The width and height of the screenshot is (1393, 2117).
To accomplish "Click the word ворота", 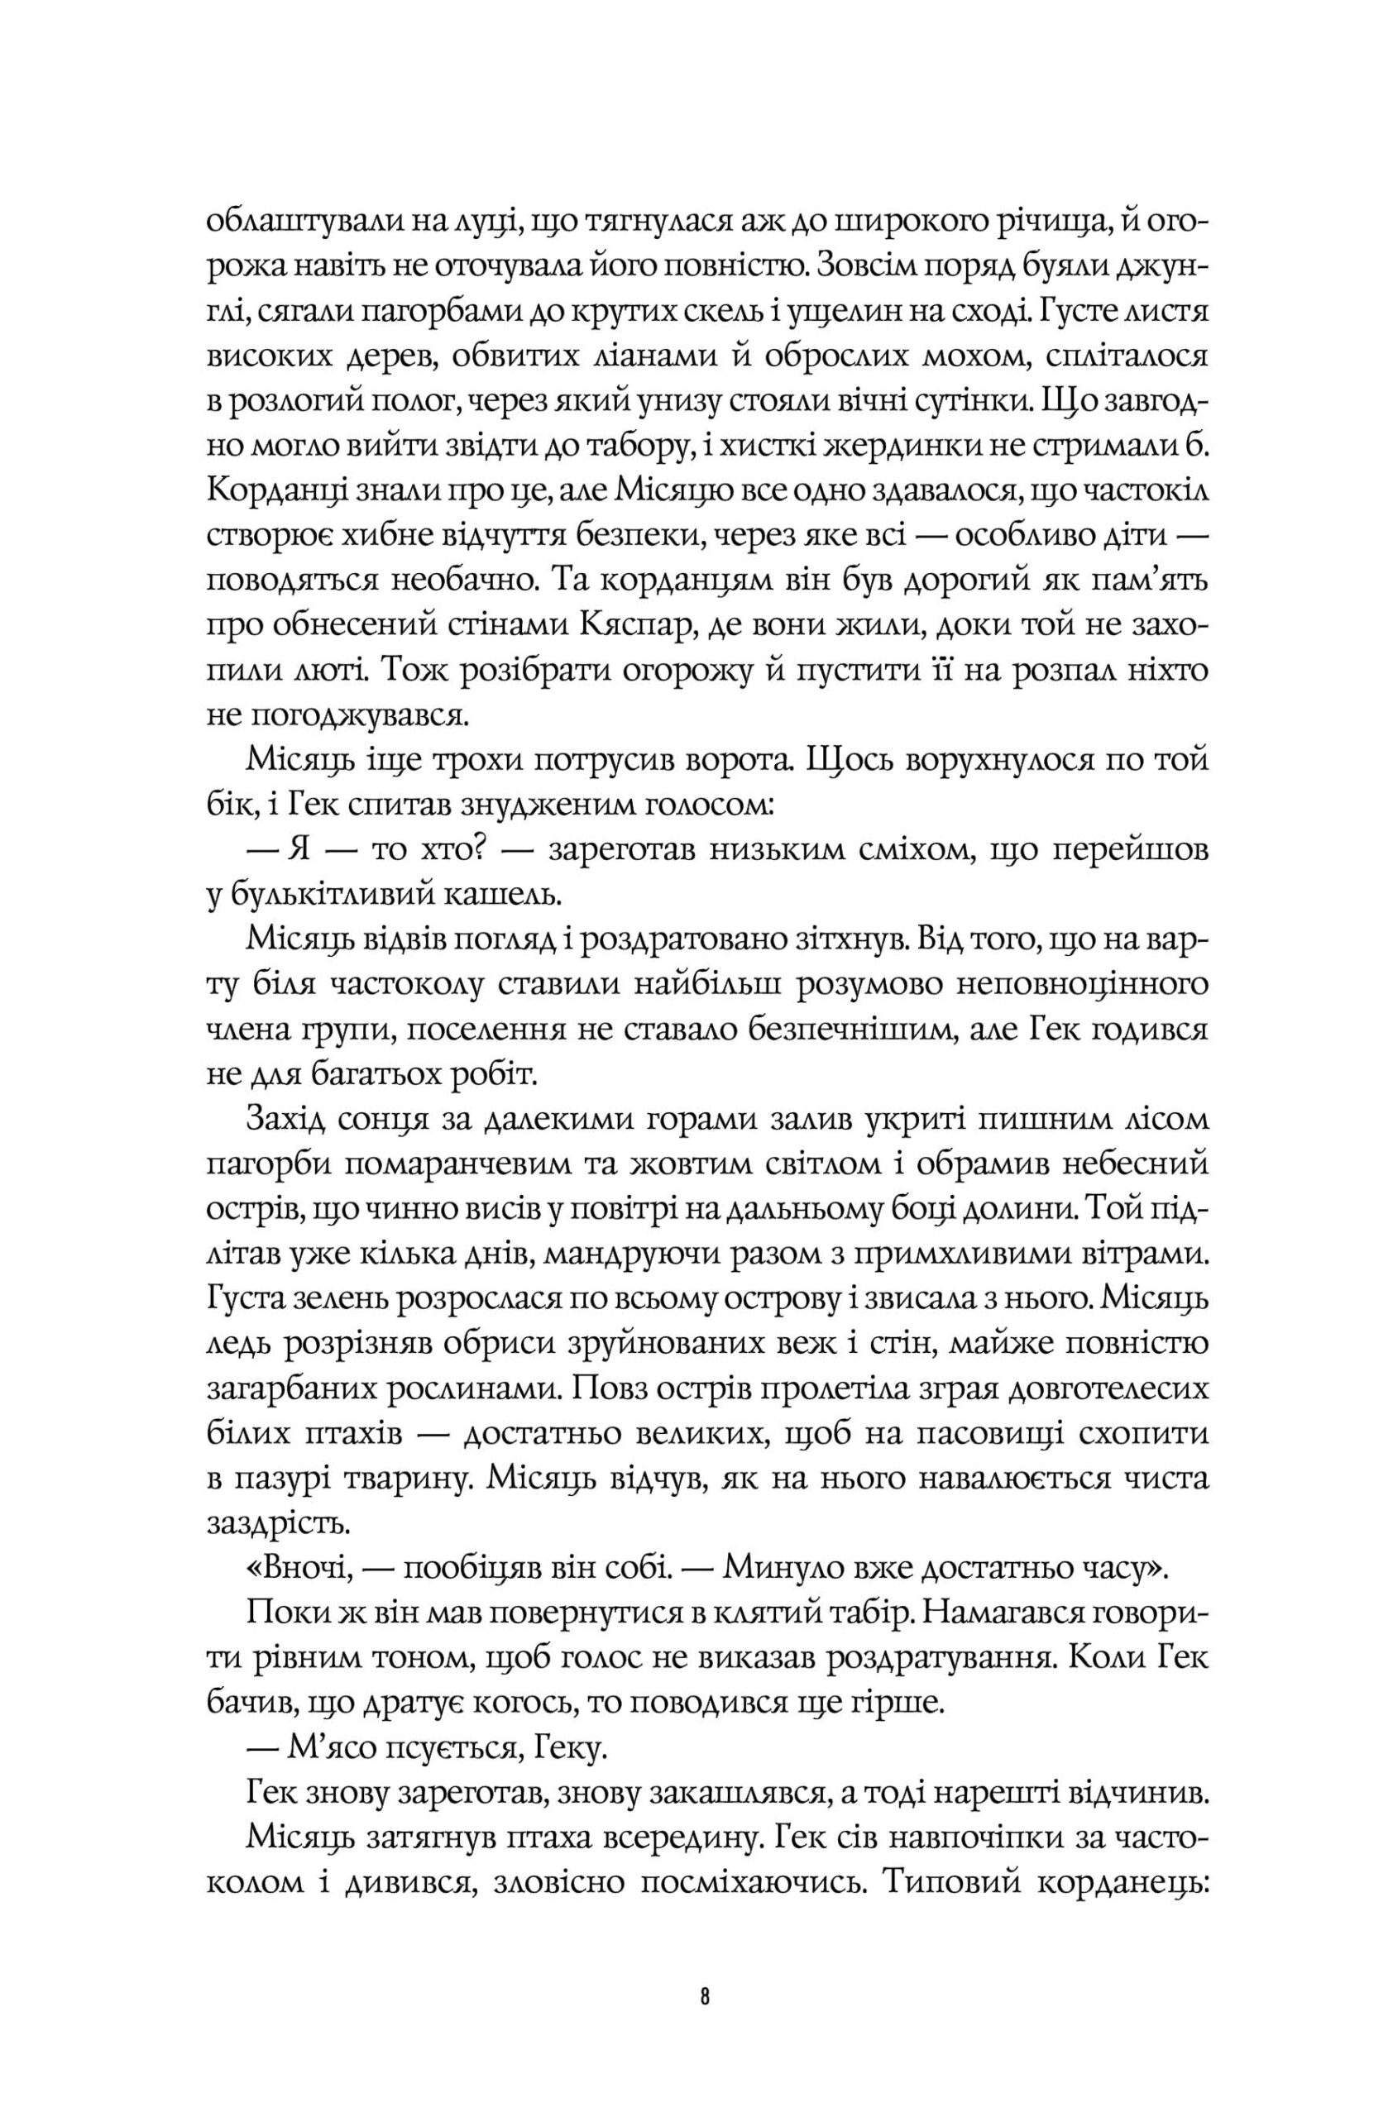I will (x=746, y=762).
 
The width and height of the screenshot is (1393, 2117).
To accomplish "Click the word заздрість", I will (x=273, y=1525).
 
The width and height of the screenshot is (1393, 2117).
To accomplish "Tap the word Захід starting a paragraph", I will (x=283, y=1120).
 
